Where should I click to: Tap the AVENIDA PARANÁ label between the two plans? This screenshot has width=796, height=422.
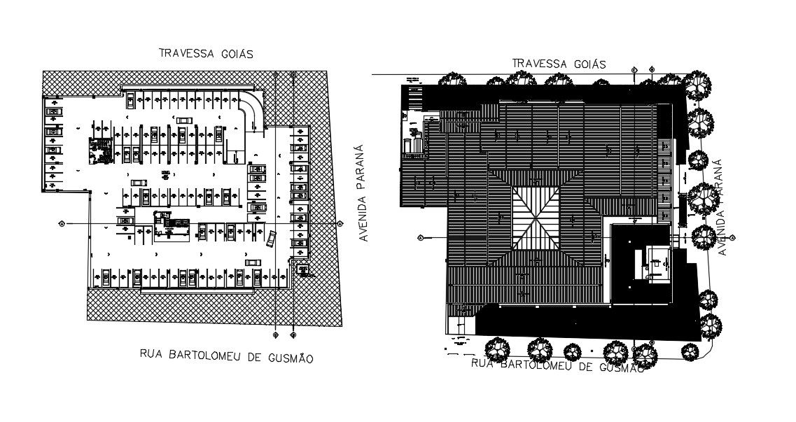point(363,193)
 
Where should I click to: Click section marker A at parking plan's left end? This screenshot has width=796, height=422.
point(62,224)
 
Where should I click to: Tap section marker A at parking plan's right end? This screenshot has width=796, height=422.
point(340,224)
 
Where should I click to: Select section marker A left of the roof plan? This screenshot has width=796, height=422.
point(420,237)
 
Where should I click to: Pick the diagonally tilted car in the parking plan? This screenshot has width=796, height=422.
point(271,238)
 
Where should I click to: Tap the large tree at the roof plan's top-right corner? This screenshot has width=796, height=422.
point(697,85)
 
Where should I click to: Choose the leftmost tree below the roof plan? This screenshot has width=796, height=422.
point(498,347)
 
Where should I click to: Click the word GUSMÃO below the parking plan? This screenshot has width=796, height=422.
point(289,358)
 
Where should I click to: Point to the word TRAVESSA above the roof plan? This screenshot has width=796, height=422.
point(540,64)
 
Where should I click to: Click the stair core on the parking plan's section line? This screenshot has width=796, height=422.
point(170,224)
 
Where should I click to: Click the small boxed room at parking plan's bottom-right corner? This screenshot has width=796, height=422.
point(303,269)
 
